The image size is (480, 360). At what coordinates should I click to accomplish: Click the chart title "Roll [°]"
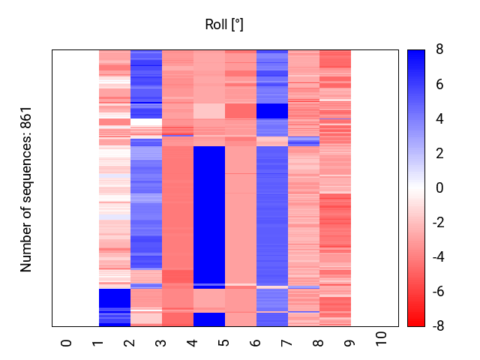click(224, 25)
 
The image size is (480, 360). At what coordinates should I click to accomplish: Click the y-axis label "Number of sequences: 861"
click(26, 188)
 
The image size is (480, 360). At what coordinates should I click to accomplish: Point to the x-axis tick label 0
click(67, 342)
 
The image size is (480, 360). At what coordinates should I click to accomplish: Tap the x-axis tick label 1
click(98, 342)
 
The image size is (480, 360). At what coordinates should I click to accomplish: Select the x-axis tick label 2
click(130, 342)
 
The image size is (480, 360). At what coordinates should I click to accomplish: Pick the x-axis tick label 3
click(161, 342)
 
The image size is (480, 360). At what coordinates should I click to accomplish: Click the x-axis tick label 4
click(193, 342)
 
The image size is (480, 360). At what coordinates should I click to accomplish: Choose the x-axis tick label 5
click(224, 342)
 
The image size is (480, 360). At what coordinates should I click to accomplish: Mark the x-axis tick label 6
click(256, 342)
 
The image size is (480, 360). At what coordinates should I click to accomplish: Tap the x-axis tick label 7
click(287, 342)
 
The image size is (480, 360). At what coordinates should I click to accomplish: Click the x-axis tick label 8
click(319, 342)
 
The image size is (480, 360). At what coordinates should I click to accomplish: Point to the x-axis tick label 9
click(350, 342)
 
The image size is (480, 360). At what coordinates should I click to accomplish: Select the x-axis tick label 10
click(382, 339)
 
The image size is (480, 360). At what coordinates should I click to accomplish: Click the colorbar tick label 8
click(439, 49)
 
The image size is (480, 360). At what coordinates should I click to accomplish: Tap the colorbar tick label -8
click(437, 326)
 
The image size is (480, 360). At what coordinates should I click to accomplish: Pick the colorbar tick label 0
click(439, 188)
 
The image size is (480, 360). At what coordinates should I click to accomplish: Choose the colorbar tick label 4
click(439, 118)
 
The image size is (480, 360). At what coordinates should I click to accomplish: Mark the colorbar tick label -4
click(437, 257)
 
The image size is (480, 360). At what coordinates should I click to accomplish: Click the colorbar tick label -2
click(437, 223)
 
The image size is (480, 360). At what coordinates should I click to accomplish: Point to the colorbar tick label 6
click(439, 84)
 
